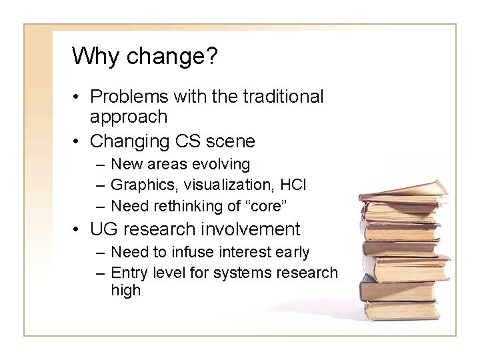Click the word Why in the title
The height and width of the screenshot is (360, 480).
[x=91, y=56]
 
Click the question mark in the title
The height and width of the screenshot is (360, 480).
[x=211, y=56]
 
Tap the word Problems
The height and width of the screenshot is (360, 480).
[x=129, y=97]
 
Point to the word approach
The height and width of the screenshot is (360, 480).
[x=129, y=117]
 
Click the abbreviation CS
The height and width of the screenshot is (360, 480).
[x=189, y=141]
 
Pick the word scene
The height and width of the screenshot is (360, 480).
[x=230, y=141]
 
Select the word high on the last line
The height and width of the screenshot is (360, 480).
[x=126, y=291]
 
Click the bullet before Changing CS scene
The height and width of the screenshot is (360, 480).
[x=77, y=141]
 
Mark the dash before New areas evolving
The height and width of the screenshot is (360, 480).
[x=99, y=164]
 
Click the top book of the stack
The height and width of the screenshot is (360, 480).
[x=403, y=189]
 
